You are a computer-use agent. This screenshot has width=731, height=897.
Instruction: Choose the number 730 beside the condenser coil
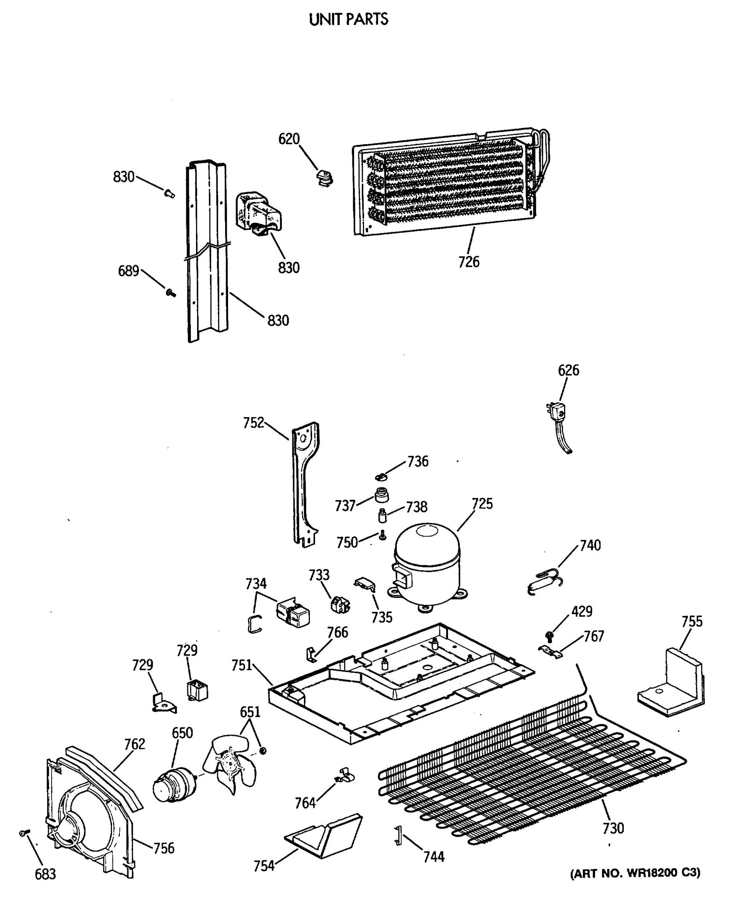(613, 828)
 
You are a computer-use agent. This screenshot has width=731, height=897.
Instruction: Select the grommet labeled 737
(381, 494)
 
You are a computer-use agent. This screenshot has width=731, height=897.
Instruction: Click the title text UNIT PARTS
(349, 19)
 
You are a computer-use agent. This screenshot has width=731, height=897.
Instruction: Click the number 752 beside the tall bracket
(253, 423)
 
